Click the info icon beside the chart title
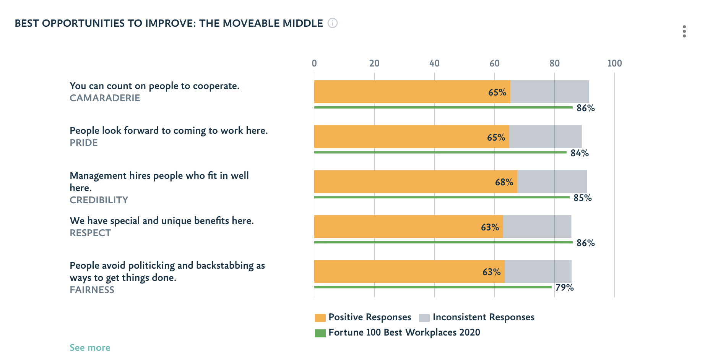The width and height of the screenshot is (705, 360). [333, 23]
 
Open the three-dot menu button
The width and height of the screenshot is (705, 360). [684, 31]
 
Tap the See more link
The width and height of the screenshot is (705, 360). [90, 348]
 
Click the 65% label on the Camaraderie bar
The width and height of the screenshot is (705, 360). [497, 92]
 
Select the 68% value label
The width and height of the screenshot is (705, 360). [504, 182]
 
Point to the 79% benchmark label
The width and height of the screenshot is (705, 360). [564, 288]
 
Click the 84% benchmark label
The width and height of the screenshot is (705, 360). [580, 153]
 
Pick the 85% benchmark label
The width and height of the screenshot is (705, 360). [582, 198]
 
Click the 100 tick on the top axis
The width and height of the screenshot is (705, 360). [614, 63]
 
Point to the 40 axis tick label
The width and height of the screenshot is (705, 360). [434, 63]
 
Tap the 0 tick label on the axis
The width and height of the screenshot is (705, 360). [314, 63]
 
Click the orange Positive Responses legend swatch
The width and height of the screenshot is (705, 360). [320, 318]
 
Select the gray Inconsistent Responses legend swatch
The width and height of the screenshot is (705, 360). [424, 318]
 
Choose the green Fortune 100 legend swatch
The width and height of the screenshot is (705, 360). [320, 333]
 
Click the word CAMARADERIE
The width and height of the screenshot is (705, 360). [105, 98]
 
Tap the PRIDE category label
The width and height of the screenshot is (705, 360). [84, 143]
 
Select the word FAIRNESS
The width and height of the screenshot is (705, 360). [92, 290]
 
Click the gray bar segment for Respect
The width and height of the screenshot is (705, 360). [537, 227]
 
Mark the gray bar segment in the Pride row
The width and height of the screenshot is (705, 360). [545, 137]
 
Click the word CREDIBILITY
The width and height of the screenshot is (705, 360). [99, 200]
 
